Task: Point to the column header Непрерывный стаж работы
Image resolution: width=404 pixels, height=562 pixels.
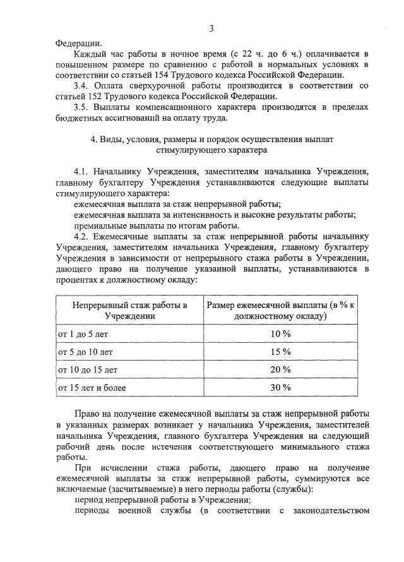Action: (x=129, y=311)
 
